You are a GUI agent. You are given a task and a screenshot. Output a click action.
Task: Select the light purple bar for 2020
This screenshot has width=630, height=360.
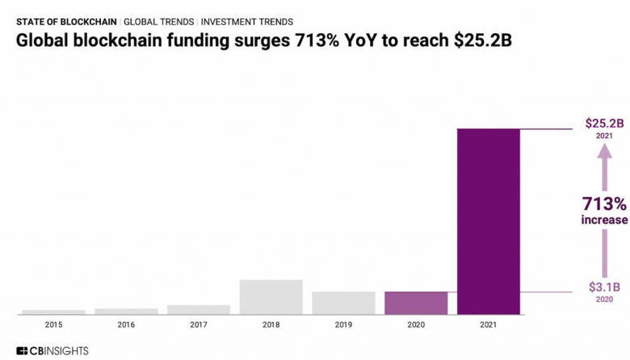point(416,303)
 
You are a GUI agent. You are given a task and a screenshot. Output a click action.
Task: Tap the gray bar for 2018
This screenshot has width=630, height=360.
point(271,296)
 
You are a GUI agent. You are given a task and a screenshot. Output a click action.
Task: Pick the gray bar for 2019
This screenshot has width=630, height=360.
point(343,303)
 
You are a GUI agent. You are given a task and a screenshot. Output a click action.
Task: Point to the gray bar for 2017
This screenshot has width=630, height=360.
point(199,309)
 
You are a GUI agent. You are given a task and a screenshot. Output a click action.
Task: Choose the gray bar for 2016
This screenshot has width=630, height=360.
point(126,311)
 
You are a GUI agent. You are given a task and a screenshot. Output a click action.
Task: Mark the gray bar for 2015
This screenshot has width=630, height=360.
point(53,312)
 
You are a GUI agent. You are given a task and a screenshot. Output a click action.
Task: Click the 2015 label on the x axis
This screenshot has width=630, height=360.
point(53,324)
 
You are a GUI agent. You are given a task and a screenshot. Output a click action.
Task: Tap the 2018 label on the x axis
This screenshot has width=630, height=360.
point(271,324)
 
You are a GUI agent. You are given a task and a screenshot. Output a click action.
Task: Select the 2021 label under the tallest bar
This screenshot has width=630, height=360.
point(489,324)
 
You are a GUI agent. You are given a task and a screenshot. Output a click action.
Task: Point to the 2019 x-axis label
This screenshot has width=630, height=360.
point(343,324)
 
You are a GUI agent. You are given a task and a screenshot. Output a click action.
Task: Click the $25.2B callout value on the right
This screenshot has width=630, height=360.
point(604,123)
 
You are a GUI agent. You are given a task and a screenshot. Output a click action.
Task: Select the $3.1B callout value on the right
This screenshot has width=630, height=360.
point(604,287)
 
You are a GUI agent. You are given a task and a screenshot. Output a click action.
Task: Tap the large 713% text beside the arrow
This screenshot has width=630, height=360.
point(604,203)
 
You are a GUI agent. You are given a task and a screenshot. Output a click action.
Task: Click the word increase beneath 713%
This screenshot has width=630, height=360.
point(604,220)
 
